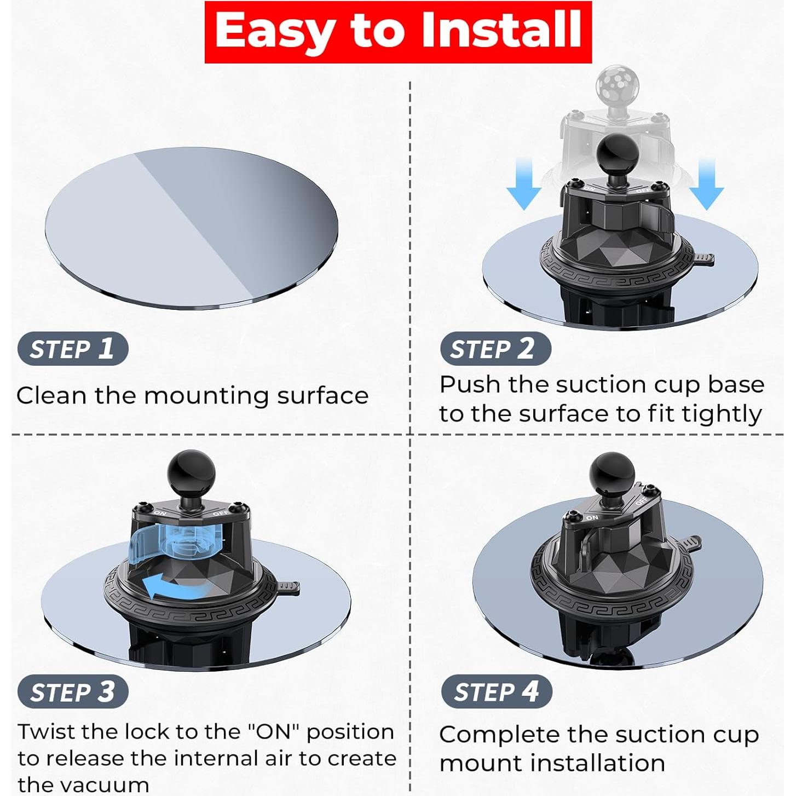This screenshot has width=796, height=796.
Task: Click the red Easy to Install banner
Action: [x=398, y=32]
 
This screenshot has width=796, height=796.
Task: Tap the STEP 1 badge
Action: [x=73, y=349]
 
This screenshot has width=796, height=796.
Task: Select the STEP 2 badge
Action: [x=495, y=349]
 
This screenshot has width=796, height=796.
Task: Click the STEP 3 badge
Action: [x=73, y=692]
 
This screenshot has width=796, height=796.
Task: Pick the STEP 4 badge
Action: [x=497, y=692]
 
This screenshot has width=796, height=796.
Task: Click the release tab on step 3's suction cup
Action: [x=288, y=587]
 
